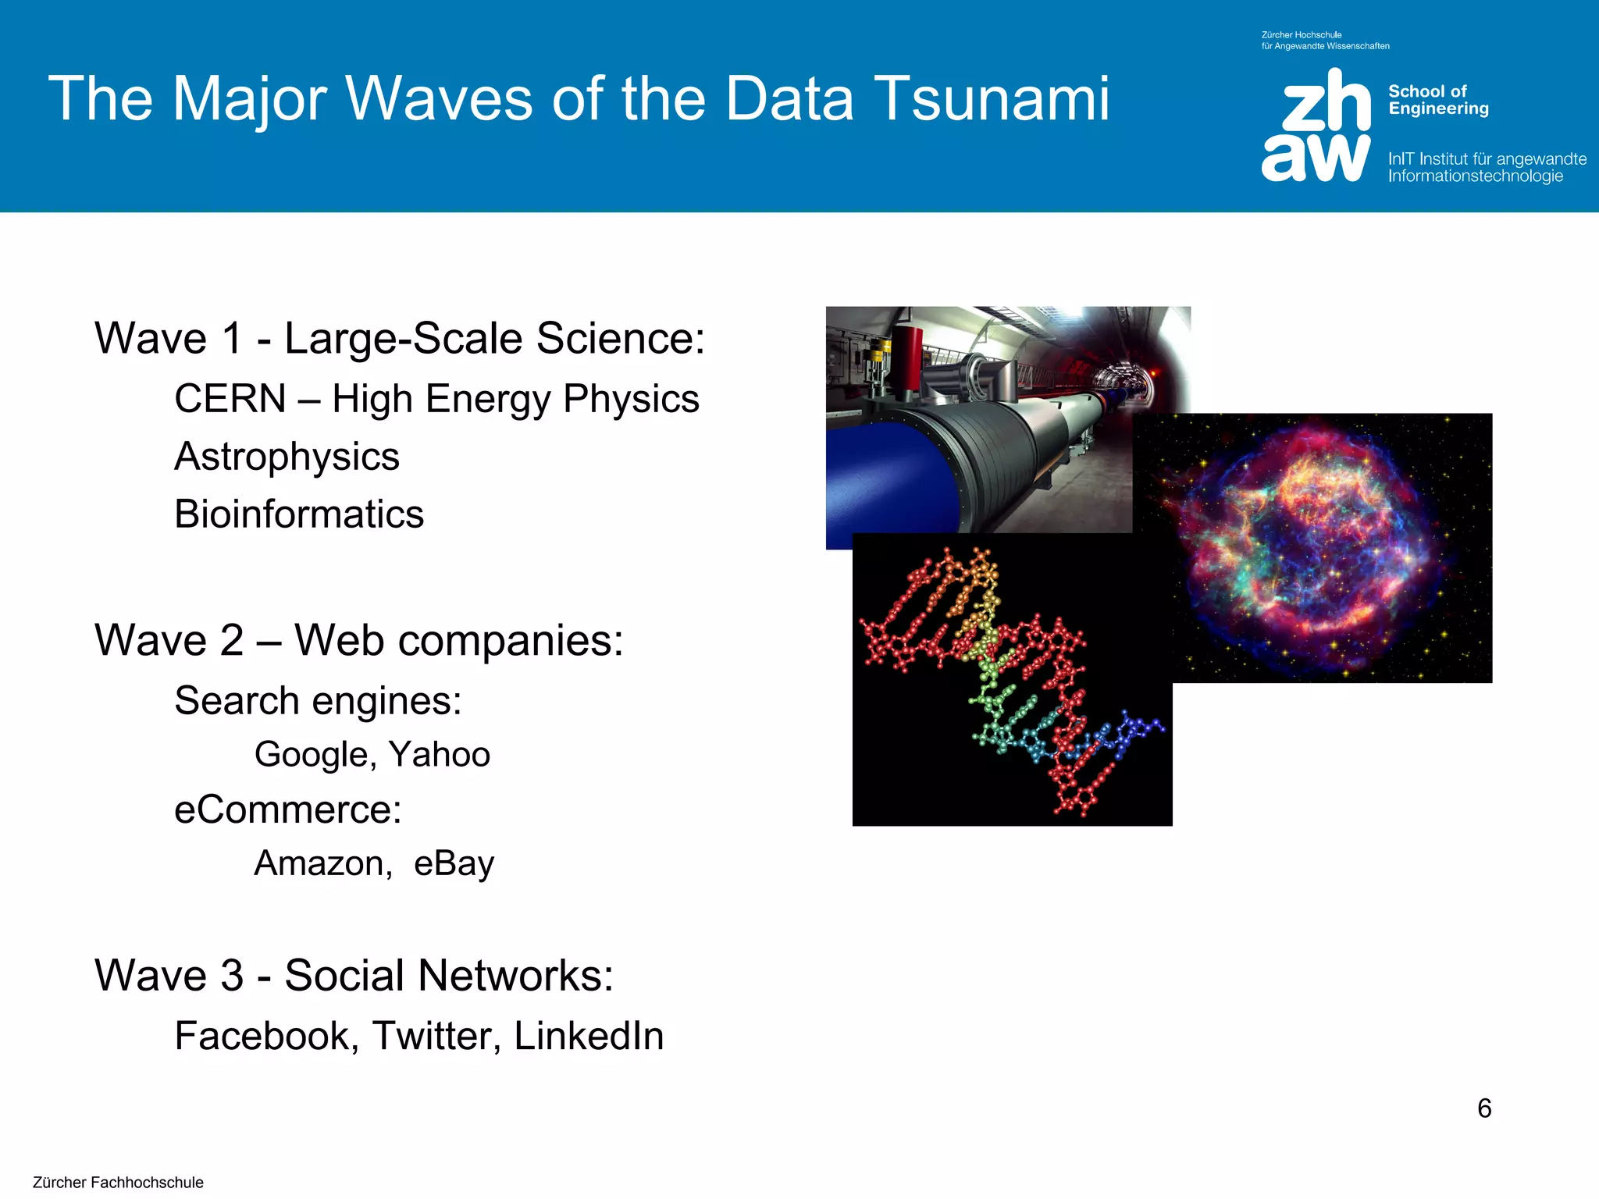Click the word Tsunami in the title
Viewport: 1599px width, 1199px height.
click(991, 99)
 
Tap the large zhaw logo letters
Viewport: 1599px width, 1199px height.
click(1316, 125)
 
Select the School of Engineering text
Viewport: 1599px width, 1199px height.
click(1438, 100)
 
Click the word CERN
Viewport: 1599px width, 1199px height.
click(230, 399)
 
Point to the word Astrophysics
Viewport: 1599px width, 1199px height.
click(287, 457)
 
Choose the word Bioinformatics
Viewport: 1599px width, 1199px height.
click(299, 514)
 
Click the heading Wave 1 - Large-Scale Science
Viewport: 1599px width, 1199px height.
click(399, 339)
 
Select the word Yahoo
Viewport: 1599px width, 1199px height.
click(440, 755)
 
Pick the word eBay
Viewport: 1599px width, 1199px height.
click(454, 864)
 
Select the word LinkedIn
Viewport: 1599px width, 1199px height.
click(589, 1037)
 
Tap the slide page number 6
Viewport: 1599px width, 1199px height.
click(1484, 1108)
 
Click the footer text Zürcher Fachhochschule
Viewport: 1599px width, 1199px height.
click(118, 1183)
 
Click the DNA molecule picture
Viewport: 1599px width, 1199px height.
click(1012, 687)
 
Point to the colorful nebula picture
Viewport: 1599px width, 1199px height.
click(1327, 546)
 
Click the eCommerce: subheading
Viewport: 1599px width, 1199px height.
click(287, 809)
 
